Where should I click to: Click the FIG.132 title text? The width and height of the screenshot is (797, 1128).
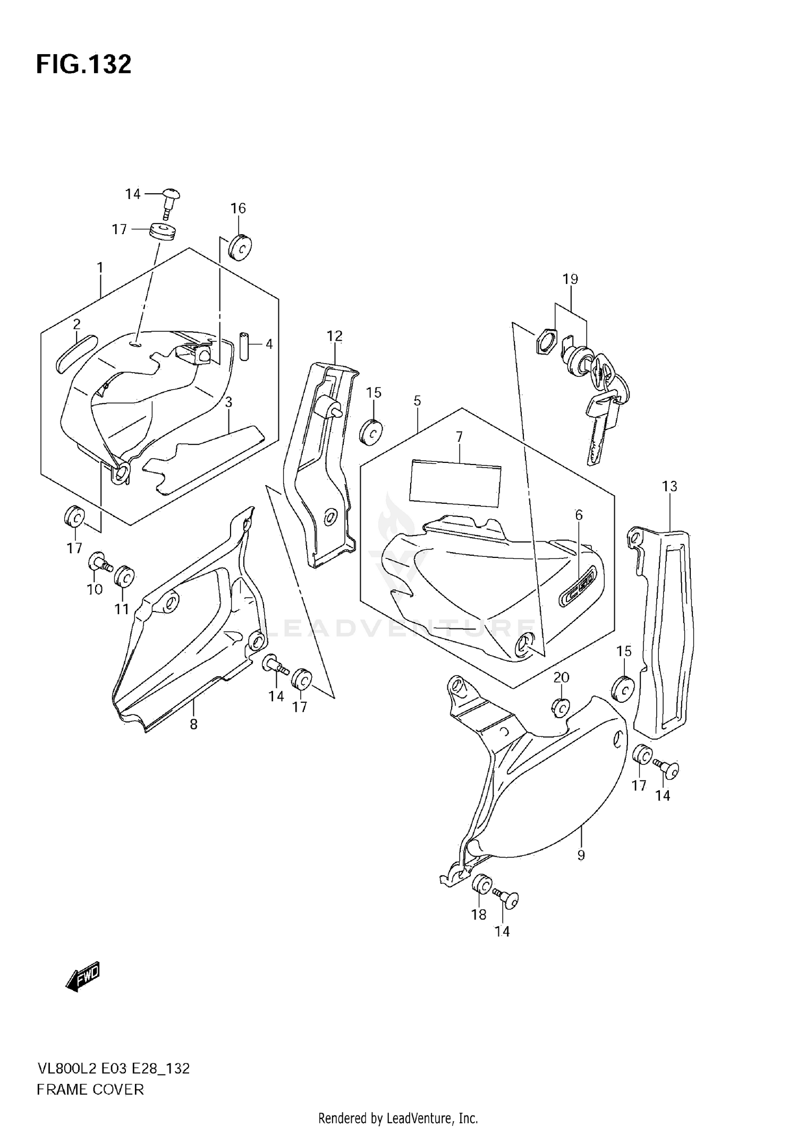coord(83,65)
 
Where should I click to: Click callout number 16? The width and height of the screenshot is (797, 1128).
coord(238,208)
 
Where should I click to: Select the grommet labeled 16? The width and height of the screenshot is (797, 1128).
coord(240,247)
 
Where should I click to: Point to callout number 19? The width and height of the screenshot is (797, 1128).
coord(570,279)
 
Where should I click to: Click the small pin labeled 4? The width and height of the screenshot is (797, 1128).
coord(244,346)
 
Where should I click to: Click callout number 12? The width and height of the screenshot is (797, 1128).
coord(334,335)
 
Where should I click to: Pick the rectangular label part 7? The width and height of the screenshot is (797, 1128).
coord(455,482)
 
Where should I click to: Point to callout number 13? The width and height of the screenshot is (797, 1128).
coord(669,486)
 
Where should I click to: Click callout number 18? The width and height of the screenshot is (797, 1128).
coord(479,914)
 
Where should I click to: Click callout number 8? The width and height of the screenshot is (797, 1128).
coord(193,724)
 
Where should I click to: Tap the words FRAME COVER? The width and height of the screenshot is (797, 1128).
coord(90,1089)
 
